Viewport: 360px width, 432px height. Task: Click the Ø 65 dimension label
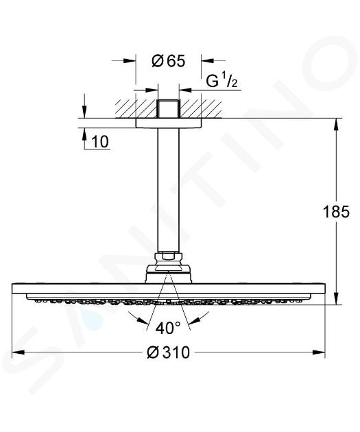[x=169, y=61]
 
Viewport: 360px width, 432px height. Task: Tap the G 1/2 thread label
[x=221, y=81]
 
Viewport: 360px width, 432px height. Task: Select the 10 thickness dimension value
[x=99, y=142]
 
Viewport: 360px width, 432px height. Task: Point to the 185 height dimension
[x=336, y=212]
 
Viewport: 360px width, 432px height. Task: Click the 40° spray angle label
[x=168, y=328]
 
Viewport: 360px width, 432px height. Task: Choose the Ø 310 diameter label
[x=169, y=352]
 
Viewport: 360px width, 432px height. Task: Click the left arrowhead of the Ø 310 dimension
[x=19, y=352]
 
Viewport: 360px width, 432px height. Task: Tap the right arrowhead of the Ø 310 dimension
[x=319, y=352]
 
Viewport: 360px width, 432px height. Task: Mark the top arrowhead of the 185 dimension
[x=336, y=125]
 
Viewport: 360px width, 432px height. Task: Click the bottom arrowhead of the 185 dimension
[x=336, y=298]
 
